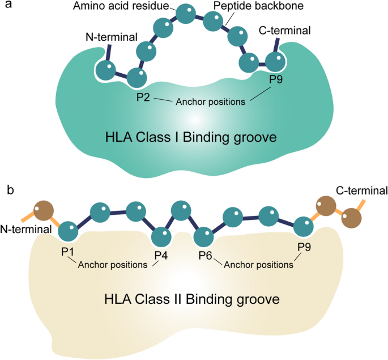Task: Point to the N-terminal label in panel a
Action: point(112,38)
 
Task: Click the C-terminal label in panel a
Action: point(284,31)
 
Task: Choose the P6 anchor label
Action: point(206,256)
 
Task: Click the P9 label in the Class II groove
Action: point(304,247)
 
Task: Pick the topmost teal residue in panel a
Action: point(185,13)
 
